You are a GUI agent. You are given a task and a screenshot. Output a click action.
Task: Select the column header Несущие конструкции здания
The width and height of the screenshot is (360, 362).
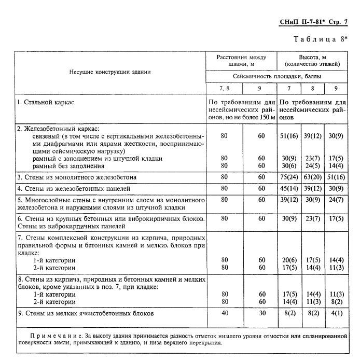(110, 72)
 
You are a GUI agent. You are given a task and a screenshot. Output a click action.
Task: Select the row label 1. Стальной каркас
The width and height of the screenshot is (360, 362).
(46, 102)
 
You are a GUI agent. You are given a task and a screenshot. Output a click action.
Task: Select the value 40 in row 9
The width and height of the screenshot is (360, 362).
(225, 313)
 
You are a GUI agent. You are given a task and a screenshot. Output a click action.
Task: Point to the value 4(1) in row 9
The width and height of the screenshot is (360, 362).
(336, 313)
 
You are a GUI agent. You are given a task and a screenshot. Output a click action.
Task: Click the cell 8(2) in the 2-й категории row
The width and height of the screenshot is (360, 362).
(336, 301)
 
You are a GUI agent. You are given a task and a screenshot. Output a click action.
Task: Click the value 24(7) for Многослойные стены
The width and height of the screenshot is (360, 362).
(336, 199)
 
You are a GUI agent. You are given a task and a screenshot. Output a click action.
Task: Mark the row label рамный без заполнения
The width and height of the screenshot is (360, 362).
(68, 166)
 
